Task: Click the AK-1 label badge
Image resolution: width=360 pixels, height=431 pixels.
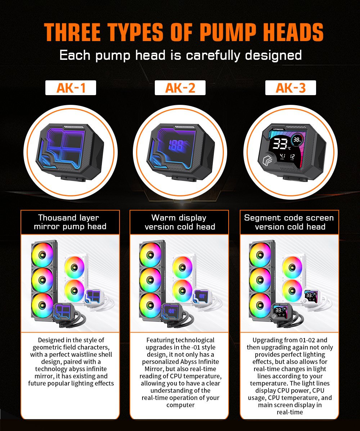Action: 71,88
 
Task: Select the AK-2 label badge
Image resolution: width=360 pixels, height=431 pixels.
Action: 180,88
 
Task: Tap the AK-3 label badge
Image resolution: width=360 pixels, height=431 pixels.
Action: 291,88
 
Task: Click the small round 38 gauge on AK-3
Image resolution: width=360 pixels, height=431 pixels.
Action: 297,139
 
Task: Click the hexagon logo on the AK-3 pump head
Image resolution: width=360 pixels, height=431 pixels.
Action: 267,160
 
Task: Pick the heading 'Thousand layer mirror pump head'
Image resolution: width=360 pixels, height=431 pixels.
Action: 70,222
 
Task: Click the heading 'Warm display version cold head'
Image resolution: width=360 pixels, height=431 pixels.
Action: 180,222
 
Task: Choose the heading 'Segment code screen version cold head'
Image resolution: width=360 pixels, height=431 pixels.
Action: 289,222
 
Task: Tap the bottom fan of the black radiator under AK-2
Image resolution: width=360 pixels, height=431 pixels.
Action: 150,305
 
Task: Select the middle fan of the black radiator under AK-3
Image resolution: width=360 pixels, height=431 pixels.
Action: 260,280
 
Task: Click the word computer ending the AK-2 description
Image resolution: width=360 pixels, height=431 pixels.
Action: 180,405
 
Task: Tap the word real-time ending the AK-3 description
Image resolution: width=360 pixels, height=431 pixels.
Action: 290,412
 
